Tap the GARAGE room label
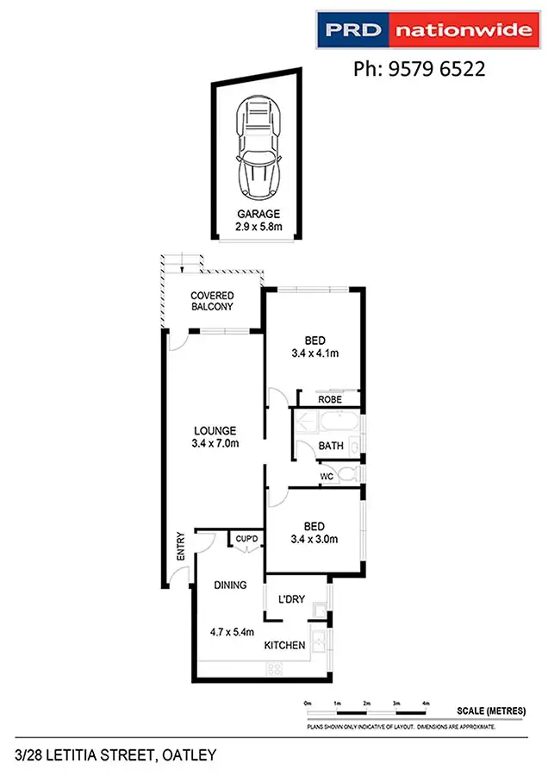coord(258,215)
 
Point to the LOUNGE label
coord(215,431)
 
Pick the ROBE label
coord(329,400)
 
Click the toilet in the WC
coord(346,475)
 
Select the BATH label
coord(331,446)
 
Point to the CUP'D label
coord(247,540)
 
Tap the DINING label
coord(231,585)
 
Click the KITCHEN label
coord(284,645)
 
